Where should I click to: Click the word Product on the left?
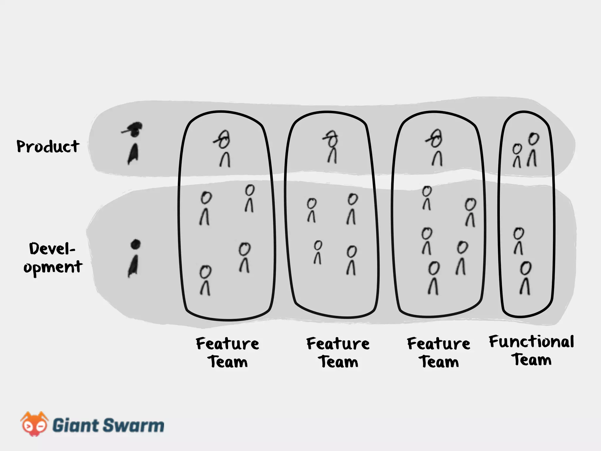click(48, 146)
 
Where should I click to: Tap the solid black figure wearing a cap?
click(133, 144)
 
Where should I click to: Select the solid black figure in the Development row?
click(134, 258)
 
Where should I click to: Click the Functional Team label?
click(531, 350)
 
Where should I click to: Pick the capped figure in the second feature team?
click(332, 147)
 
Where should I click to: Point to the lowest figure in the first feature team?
click(205, 280)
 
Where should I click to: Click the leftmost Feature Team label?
click(227, 352)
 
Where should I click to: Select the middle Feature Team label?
click(338, 352)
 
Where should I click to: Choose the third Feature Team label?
click(439, 352)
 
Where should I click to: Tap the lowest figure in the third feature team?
click(433, 278)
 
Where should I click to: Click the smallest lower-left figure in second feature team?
click(318, 253)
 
